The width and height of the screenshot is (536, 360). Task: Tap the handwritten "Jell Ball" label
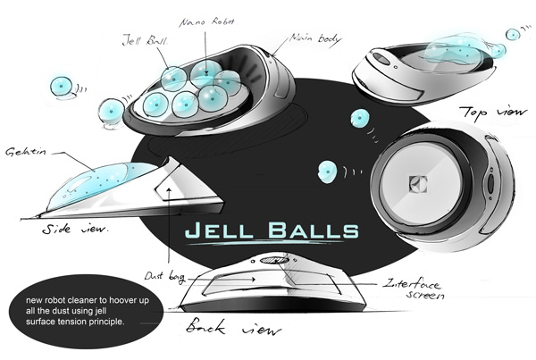tap(145, 40)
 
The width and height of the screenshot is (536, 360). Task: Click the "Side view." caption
tap(76, 230)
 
